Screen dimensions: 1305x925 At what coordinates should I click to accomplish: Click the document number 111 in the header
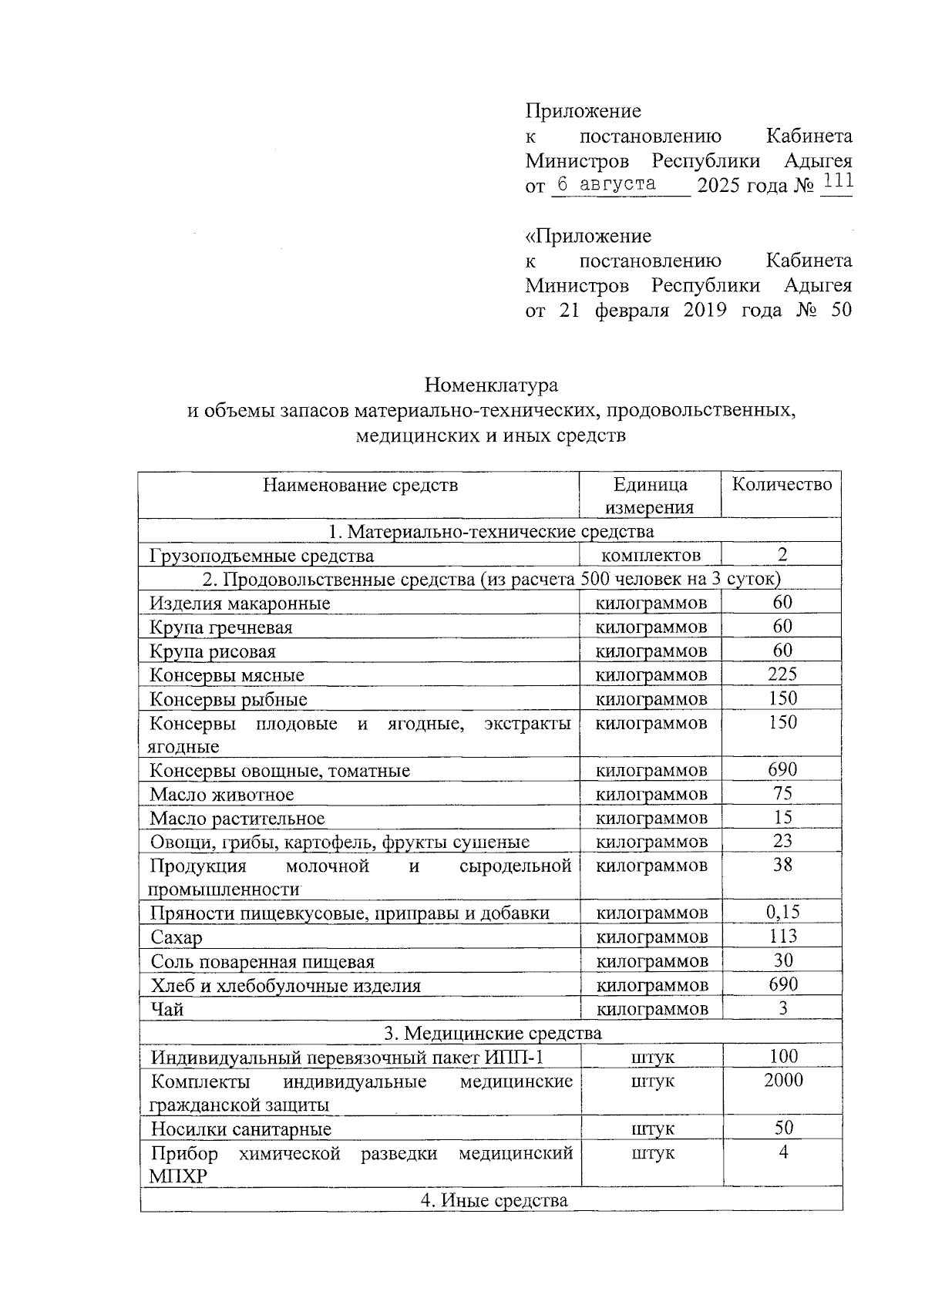(x=837, y=183)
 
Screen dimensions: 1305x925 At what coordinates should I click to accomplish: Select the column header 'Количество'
(x=782, y=484)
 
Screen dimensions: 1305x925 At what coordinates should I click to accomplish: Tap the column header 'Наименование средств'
(x=360, y=485)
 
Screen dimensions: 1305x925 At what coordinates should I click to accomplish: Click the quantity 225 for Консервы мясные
(x=782, y=674)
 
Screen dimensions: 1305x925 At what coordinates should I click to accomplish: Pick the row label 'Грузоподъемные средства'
(x=262, y=556)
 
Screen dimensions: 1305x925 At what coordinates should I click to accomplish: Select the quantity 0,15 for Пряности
(x=782, y=913)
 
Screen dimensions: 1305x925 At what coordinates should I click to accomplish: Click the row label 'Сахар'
(x=177, y=938)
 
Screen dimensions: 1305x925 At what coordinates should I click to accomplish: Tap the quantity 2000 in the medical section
(x=783, y=1081)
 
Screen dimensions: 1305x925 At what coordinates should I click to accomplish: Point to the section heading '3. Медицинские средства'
(x=493, y=1033)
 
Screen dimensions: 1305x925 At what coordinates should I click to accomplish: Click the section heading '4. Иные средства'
(x=493, y=1200)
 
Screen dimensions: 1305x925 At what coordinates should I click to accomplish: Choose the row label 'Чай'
(x=167, y=1009)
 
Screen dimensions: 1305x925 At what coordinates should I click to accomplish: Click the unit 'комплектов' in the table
(x=651, y=556)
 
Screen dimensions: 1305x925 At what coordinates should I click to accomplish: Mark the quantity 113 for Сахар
(x=782, y=937)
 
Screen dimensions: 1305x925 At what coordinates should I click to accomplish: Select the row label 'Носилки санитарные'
(x=240, y=1129)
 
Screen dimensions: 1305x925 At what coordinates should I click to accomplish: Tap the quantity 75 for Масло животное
(x=782, y=793)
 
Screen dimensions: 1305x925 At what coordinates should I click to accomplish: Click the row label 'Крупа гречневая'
(x=221, y=627)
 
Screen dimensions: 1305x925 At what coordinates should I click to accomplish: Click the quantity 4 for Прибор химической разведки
(x=782, y=1153)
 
